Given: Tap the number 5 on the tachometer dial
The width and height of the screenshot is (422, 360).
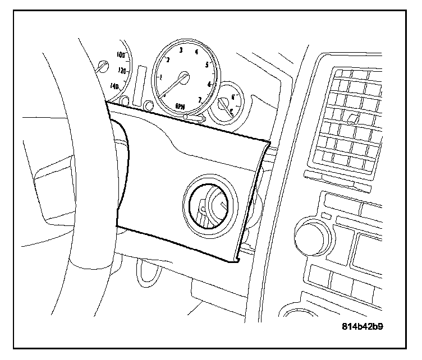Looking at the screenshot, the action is click(208, 65).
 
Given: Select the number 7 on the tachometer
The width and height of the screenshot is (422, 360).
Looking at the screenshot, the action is click(199, 100).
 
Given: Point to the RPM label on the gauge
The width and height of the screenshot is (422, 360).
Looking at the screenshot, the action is click(181, 105).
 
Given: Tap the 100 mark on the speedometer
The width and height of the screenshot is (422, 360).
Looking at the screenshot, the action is click(120, 55).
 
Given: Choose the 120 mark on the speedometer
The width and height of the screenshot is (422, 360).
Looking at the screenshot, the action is click(122, 71).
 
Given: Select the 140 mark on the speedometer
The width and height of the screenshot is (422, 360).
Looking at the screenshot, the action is click(115, 86).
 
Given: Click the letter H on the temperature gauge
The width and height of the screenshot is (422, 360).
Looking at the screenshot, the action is click(232, 96).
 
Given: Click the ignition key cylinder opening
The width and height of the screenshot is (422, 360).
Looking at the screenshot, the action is click(208, 206).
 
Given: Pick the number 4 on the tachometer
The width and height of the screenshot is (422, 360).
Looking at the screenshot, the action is click(196, 52).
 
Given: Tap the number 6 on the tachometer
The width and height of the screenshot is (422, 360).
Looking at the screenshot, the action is click(209, 84).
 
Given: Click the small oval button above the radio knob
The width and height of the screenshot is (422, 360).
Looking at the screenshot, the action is click(327, 215).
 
